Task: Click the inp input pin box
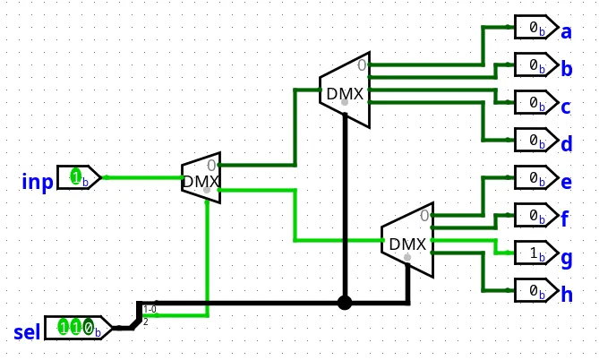click(x=79, y=177)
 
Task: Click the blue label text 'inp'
click(x=37, y=183)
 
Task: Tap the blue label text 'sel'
click(x=27, y=334)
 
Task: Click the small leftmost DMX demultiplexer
click(x=201, y=177)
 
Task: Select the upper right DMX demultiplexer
click(x=344, y=90)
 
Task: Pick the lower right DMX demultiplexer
click(x=406, y=242)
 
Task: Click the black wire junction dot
click(x=345, y=303)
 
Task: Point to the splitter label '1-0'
click(x=150, y=309)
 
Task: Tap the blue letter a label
click(x=566, y=32)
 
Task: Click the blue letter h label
click(x=566, y=294)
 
